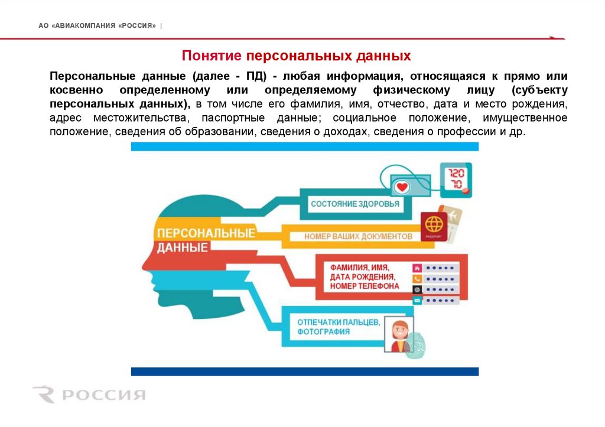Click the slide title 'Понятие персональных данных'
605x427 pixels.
(296, 56)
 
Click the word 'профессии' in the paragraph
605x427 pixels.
(459, 132)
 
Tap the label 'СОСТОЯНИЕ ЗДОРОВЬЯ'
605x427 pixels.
(354, 204)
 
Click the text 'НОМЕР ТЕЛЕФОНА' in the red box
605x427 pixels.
(365, 286)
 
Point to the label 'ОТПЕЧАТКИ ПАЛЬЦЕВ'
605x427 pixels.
(338, 322)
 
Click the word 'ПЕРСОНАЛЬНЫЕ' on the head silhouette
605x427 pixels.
(206, 233)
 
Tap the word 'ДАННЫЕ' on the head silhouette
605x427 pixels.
(183, 247)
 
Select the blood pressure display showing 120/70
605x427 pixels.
(457, 179)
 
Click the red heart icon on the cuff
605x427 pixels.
(403, 187)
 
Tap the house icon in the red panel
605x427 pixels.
(417, 268)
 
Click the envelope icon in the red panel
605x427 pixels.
(417, 301)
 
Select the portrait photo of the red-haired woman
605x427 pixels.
(399, 335)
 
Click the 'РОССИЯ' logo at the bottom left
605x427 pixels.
(89, 395)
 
